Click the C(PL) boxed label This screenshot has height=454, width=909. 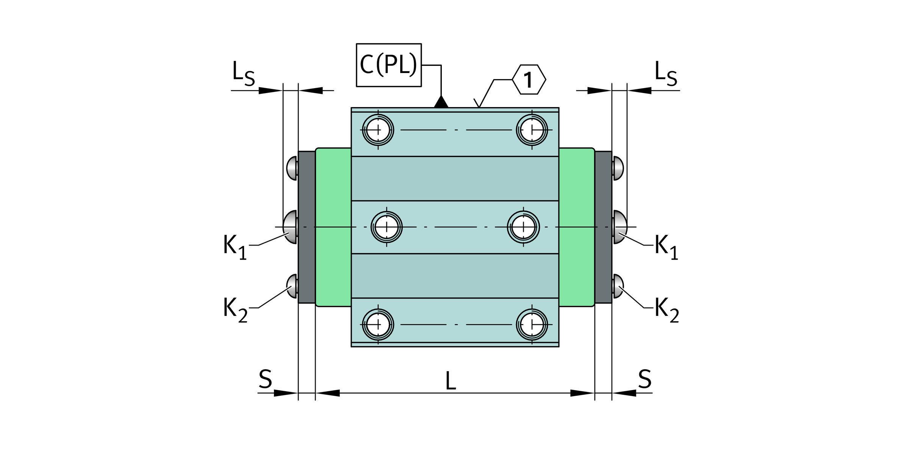[x=389, y=65]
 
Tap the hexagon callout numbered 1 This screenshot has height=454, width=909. [x=529, y=79]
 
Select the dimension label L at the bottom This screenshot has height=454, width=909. [x=450, y=381]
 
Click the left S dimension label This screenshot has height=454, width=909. [x=265, y=379]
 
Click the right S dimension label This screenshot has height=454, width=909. [x=645, y=379]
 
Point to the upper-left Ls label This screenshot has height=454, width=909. [x=243, y=73]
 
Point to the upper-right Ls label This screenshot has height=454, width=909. [x=666, y=73]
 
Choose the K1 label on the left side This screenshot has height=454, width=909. [x=235, y=247]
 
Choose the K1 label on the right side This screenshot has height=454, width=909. [x=666, y=247]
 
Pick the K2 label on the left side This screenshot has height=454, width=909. [x=235, y=310]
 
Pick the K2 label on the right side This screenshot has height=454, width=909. [x=667, y=310]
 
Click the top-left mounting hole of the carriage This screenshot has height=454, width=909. [x=378, y=130]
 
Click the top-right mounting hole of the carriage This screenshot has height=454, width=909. [x=532, y=130]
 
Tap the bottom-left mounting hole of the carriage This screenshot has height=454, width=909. [x=378, y=325]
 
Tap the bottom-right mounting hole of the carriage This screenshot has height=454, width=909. [x=532, y=325]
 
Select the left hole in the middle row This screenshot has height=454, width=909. [x=386, y=227]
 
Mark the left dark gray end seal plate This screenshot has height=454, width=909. [x=307, y=227]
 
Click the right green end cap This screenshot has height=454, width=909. [x=576, y=227]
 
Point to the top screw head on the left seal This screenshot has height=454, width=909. [x=292, y=168]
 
